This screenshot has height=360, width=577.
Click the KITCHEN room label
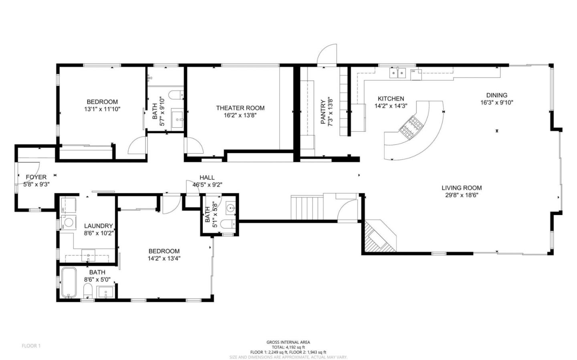coord(391,99)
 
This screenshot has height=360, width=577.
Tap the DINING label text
coord(496,95)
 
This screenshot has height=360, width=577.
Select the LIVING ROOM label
coord(462,188)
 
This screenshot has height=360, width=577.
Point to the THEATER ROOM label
coord(240,108)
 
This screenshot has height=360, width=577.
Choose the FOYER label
coord(36,177)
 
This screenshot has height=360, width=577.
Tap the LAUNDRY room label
coord(98,226)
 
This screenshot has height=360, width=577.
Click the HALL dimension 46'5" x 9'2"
coord(207,185)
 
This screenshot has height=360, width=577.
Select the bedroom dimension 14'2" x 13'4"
coord(164,258)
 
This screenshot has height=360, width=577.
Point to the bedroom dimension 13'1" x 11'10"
coord(102,109)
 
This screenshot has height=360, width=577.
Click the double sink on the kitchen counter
coord(397,73)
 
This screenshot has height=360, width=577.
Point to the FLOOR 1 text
coord(31,346)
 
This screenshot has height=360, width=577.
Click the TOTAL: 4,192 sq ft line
coord(288,347)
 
